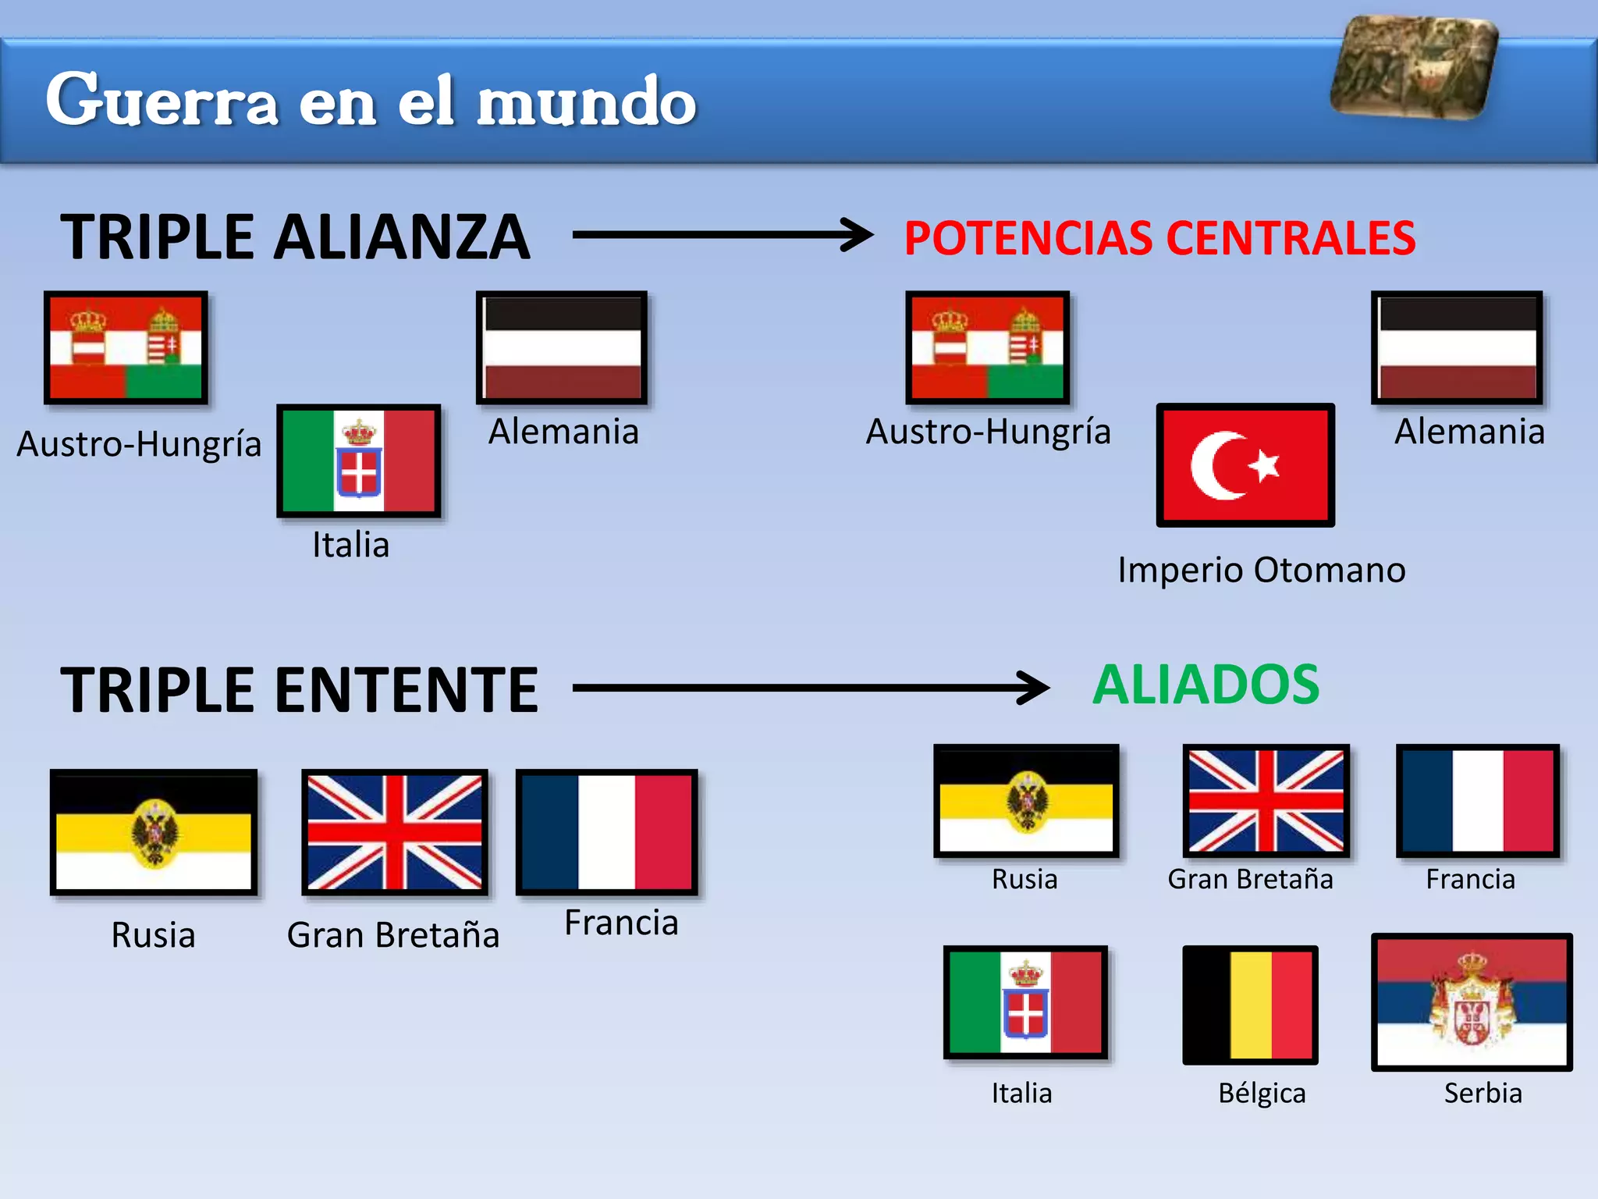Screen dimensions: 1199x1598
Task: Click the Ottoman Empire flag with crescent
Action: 1245,465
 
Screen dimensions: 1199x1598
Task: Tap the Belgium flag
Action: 1250,1005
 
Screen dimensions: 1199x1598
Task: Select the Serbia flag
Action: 1472,1002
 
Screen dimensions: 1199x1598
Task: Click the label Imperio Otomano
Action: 1261,570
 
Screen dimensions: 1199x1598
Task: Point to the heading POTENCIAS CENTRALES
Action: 1159,238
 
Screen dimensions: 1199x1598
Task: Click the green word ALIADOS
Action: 1206,685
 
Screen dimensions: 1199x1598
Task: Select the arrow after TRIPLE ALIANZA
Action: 722,234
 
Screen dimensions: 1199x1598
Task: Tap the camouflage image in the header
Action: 1414,68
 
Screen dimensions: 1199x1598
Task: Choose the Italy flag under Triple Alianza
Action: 359,461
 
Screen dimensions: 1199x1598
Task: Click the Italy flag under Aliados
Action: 1025,1002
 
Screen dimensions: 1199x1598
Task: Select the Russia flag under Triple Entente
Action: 154,832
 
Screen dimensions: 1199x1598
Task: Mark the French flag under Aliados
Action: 1478,801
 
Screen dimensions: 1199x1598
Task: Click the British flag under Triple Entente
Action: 395,832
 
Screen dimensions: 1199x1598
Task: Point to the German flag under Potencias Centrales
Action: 1457,348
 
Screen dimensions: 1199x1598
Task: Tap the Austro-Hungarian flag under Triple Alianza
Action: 126,347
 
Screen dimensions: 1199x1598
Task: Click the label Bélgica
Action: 1262,1093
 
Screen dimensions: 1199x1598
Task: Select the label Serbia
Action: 1483,1093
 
